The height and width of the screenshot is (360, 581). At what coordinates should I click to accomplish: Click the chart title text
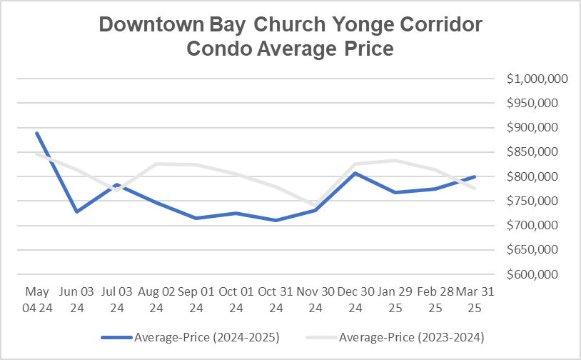(290, 36)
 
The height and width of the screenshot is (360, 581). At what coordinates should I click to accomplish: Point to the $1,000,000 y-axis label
(537, 79)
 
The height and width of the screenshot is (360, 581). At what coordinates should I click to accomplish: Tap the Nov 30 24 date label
(316, 300)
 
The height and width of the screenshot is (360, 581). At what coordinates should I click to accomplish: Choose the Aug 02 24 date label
(156, 300)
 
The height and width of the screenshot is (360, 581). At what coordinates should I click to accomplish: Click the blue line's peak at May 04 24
(36, 133)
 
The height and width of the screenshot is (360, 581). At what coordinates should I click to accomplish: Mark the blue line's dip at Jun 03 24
(76, 211)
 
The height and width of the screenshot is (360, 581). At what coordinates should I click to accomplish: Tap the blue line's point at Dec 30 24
(356, 173)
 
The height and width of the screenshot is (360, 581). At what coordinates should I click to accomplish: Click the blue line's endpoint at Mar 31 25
(475, 176)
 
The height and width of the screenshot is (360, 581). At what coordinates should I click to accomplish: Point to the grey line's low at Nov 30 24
(316, 205)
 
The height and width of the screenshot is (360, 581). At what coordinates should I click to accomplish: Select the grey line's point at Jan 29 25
(395, 160)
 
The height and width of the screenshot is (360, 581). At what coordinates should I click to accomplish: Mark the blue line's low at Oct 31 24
(276, 220)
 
